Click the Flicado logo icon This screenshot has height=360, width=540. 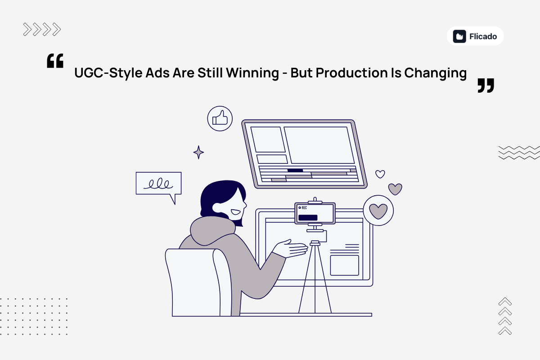459,36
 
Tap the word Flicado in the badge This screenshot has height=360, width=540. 483,36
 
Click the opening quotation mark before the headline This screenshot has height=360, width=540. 55,61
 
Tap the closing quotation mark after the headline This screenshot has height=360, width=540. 486,85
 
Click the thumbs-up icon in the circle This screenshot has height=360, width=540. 220,119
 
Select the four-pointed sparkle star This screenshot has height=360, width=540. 198,152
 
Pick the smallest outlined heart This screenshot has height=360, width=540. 380,174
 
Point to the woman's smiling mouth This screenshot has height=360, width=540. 235,211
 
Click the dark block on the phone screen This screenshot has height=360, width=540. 307,217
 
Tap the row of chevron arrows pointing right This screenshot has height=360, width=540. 42,30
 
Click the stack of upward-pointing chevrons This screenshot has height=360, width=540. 505,316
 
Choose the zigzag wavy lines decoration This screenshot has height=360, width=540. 518,153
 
